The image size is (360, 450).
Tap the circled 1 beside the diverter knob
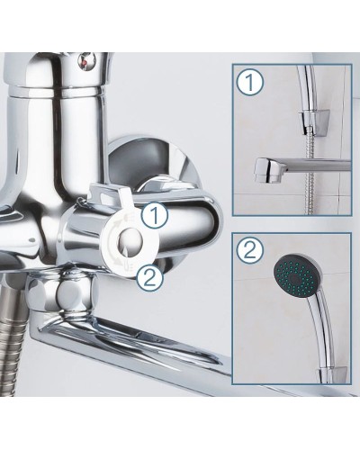[x=155, y=215]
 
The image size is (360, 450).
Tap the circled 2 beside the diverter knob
[x=150, y=276]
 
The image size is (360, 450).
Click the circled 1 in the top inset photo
[x=250, y=82]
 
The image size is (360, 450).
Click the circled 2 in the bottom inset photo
[x=249, y=249]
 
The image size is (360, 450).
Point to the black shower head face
[x=296, y=276]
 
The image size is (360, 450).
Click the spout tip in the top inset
[x=268, y=170]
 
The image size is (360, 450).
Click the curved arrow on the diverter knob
[x=113, y=241]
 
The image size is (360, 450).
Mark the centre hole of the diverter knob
[x=130, y=240]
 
